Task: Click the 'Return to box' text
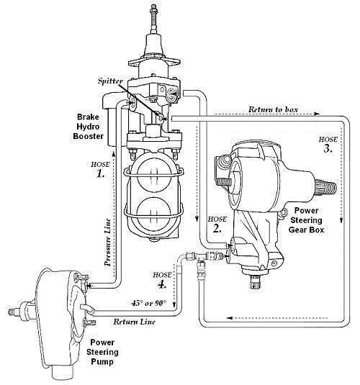[284, 109]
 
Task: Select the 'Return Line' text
[134, 322]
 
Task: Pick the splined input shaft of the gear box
[328, 189]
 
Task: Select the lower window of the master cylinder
[153, 214]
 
